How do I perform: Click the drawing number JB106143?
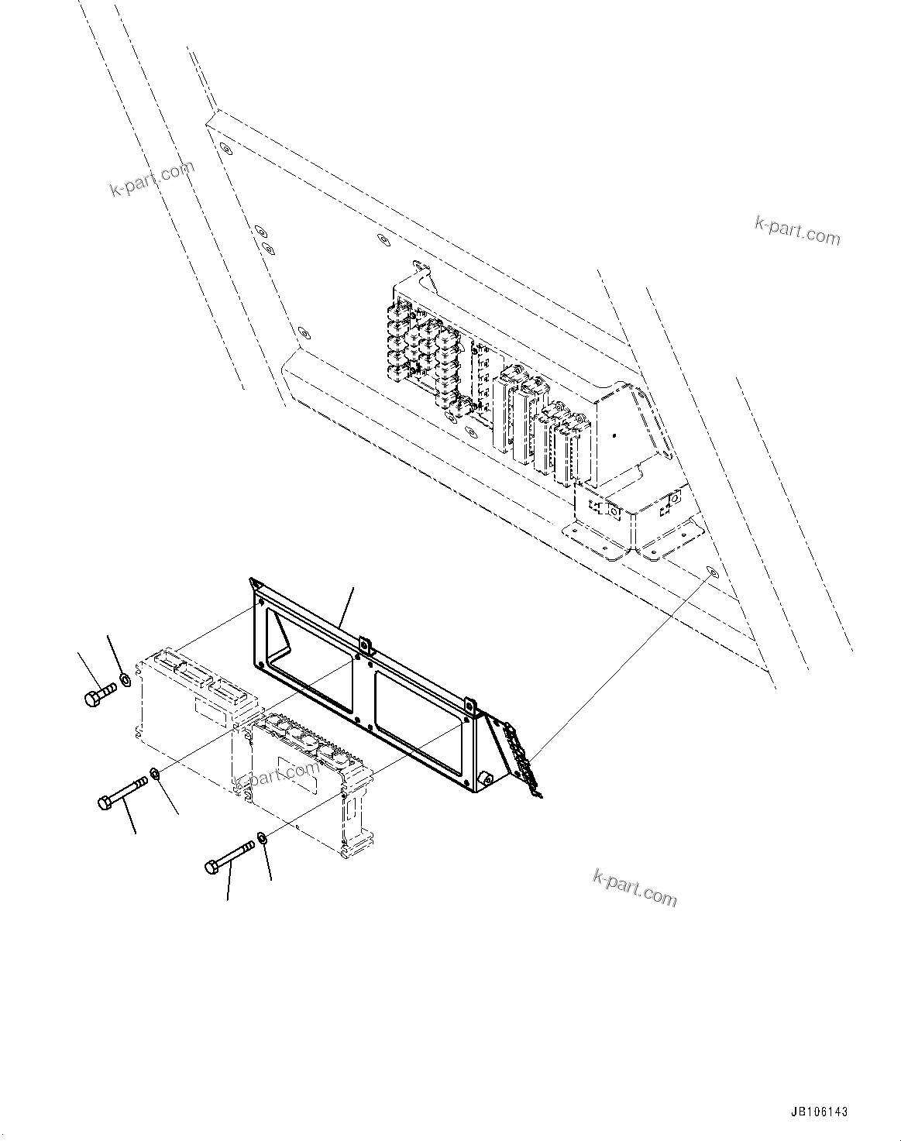[819, 1112]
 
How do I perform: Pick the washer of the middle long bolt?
[154, 772]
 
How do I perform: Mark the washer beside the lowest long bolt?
[262, 838]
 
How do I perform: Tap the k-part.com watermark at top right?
[797, 230]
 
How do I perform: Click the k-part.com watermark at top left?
[152, 178]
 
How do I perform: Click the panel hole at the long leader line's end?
[712, 572]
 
